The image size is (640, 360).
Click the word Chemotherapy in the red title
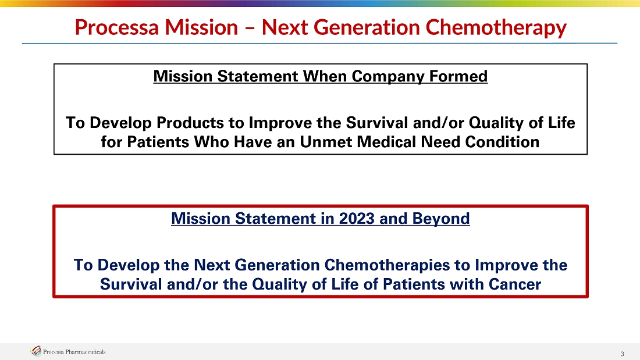496,28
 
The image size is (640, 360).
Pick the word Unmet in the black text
326,142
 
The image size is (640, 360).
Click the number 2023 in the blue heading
357,218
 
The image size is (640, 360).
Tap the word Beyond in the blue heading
441,219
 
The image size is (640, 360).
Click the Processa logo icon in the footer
36,351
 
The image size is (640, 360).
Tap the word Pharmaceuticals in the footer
86,352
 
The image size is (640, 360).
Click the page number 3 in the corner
622,354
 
